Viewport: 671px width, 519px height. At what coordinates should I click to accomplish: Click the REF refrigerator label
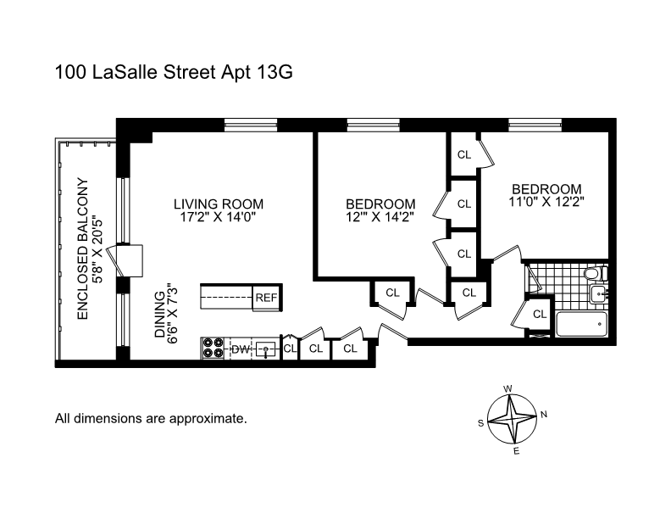pos(266,298)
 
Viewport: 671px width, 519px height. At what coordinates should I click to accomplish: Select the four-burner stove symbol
pos(213,349)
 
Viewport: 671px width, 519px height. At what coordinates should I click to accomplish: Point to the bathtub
pos(580,324)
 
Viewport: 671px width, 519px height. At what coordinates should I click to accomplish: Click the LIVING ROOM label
pos(219,204)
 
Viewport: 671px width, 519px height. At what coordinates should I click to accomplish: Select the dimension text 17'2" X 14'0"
pos(219,217)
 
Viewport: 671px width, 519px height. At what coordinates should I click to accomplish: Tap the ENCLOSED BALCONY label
pos(83,248)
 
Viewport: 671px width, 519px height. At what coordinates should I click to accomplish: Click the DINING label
pos(159,316)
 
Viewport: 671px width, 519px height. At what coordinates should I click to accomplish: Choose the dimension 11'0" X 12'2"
pos(546,202)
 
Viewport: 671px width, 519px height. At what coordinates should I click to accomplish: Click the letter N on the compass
pos(544,415)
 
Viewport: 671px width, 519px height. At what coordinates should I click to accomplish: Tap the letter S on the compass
pos(481,423)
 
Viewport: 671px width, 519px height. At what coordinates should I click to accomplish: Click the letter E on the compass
pos(516,451)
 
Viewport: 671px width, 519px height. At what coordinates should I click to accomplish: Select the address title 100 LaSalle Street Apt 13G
pos(173,73)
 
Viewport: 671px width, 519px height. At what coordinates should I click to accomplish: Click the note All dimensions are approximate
pos(151,418)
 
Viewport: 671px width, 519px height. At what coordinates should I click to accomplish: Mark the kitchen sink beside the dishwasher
pos(267,349)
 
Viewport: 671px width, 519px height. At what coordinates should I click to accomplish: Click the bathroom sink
pos(597,295)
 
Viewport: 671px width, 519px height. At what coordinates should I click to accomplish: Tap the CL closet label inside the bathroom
pos(540,314)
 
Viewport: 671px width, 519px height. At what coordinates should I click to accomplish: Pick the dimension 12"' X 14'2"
pos(380,217)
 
